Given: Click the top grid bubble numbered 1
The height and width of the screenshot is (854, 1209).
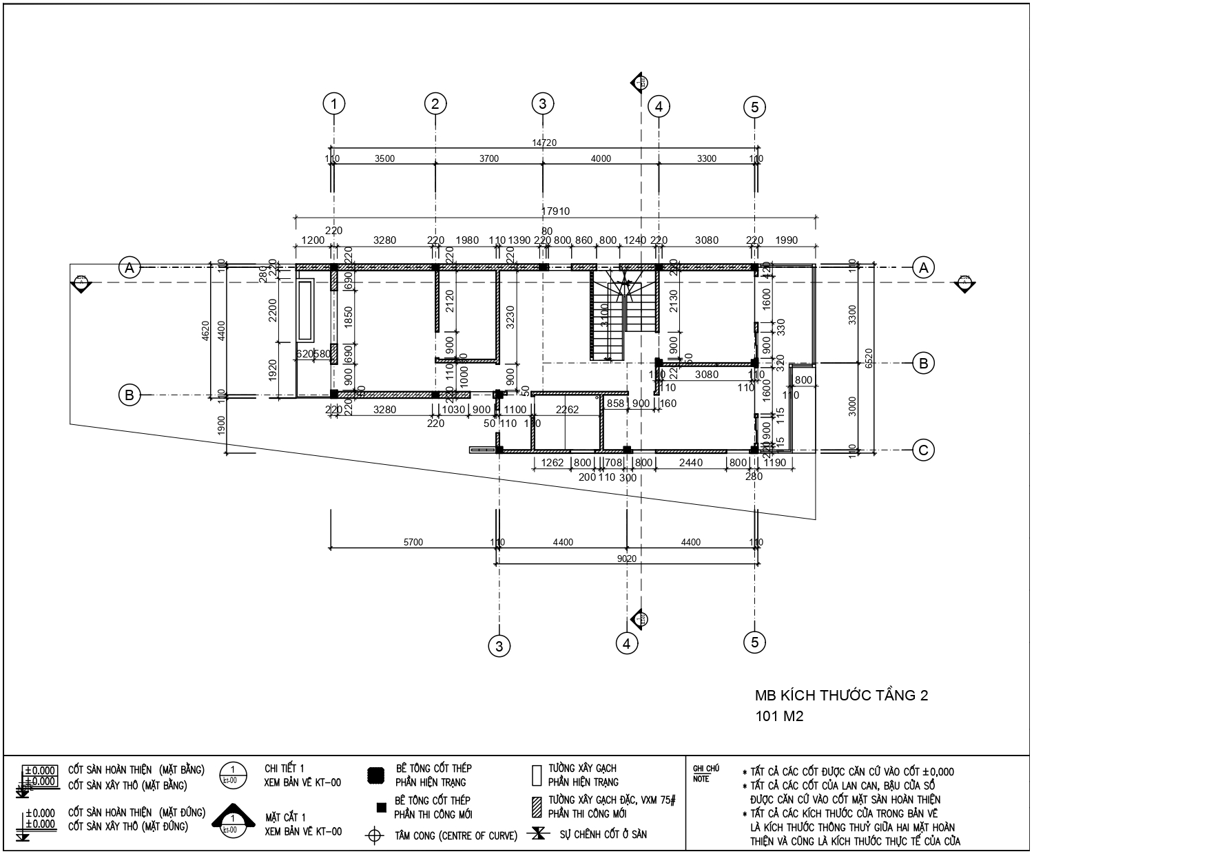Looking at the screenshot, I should pos(334,105).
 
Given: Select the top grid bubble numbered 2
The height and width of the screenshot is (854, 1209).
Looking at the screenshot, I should pos(435,105).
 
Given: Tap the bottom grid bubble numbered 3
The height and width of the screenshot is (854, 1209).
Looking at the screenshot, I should pos(499,646).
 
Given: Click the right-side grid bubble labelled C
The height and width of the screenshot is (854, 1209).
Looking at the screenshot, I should pos(923,450).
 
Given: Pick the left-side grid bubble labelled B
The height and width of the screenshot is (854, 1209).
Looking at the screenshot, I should pos(129,395).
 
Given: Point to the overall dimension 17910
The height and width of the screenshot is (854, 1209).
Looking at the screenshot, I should pos(555,211).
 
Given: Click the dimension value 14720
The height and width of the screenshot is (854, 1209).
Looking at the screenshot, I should pos(544,143).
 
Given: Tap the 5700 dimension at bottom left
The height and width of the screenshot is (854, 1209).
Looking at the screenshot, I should pos(413,542).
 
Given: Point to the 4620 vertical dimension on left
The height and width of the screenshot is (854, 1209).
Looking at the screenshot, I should pos(205,331).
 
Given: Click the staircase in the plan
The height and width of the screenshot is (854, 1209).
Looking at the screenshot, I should pos(610,317).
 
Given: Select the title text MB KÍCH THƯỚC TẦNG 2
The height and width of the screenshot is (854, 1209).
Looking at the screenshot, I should pos(841,695).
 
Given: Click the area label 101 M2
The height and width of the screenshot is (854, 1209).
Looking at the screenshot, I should pos(779,716).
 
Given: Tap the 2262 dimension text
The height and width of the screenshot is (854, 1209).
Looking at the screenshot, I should pos(568,410).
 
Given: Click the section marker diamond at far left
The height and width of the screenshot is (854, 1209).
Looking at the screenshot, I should pos(81,282).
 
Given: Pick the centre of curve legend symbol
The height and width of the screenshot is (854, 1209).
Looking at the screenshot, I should pos(375,836).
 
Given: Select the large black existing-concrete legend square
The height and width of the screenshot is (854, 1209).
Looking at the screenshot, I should pos(376,775).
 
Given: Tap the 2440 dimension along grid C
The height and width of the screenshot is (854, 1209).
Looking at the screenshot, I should pos(690,463).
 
